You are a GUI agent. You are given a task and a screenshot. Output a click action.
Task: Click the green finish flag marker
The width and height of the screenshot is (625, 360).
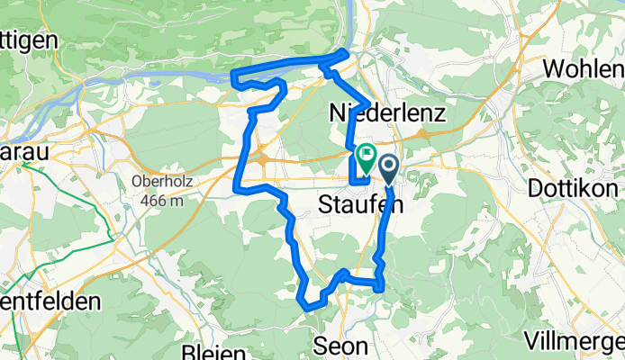pos(367,156)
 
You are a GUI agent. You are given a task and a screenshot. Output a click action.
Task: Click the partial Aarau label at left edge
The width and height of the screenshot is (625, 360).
pos(23,152)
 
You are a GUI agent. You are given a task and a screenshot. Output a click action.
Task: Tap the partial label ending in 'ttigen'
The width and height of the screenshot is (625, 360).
pos(29,40)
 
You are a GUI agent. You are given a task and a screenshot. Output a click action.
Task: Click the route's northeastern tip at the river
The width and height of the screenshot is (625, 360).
pos(346,54)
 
